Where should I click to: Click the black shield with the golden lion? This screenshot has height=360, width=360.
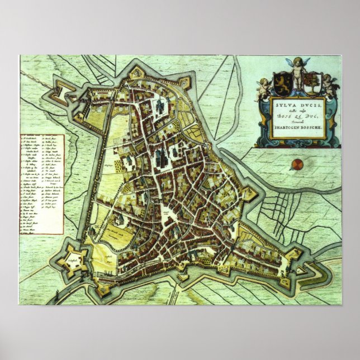278,83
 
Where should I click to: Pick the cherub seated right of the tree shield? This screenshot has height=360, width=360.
330,87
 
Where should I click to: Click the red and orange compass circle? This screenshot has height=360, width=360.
297,164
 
